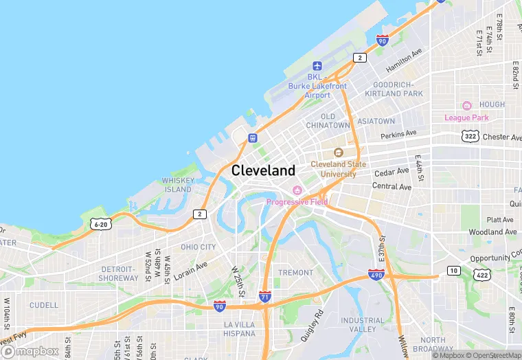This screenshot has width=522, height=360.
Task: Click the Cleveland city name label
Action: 264,170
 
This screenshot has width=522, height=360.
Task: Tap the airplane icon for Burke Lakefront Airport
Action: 317,66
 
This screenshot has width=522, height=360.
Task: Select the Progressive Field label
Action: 297,201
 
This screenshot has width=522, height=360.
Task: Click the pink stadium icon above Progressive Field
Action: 297,190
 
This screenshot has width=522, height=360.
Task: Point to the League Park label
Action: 466,117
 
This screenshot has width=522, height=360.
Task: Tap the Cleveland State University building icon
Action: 338,153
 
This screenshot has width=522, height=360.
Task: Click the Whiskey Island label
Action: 177,185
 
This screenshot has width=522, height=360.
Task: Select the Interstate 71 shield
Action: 265,297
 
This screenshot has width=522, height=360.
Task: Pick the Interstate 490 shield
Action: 375,275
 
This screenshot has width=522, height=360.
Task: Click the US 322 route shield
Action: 470,136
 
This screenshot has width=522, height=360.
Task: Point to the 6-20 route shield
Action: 100,224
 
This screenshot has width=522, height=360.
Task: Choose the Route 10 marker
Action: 453,271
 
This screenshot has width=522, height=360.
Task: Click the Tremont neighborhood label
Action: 296,273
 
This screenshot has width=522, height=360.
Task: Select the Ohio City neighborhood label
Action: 198,247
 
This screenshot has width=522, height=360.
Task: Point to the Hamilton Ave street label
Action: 404,60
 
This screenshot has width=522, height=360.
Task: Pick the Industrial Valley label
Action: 363,324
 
